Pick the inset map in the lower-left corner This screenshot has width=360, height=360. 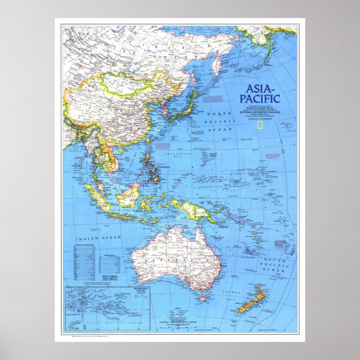point(107,309)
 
